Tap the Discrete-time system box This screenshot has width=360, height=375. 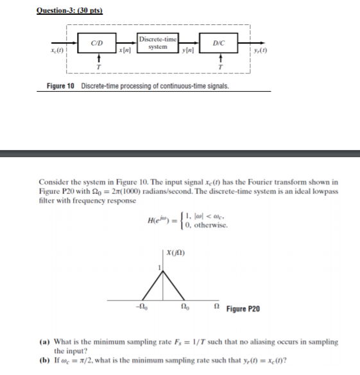point(157,43)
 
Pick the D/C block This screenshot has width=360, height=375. point(219,44)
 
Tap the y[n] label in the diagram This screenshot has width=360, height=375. point(189,51)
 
